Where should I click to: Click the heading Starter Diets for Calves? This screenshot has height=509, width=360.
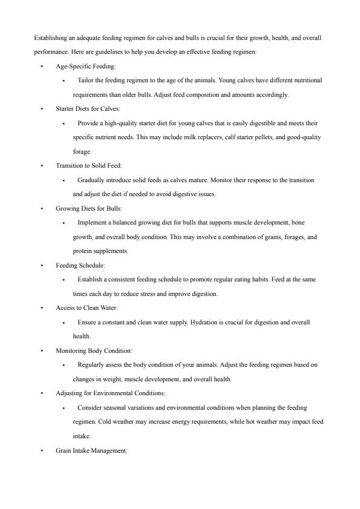pyautogui.click(x=88, y=109)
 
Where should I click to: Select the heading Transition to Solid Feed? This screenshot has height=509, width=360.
pyautogui.click(x=88, y=166)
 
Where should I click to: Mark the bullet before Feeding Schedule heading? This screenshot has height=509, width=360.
pyautogui.click(x=42, y=266)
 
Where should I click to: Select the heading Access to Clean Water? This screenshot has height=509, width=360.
pyautogui.click(x=87, y=308)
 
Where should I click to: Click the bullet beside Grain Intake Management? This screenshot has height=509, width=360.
pyautogui.click(x=42, y=450)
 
